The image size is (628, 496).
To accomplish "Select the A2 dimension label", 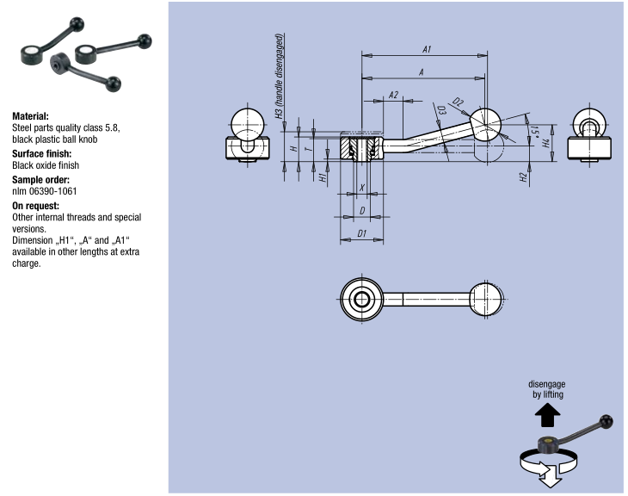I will [393, 94].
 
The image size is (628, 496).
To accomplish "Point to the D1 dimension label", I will [362, 233].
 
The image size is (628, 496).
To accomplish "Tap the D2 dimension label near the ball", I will [458, 102].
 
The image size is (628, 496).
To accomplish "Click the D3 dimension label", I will [441, 110].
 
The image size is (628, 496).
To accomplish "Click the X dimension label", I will [362, 187].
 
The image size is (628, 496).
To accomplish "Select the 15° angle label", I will [535, 133].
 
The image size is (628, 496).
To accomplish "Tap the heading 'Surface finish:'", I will [40, 154].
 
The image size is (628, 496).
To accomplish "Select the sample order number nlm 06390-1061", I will [44, 190].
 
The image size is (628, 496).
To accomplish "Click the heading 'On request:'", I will [35, 207].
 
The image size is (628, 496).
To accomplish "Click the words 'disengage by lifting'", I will [547, 389].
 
